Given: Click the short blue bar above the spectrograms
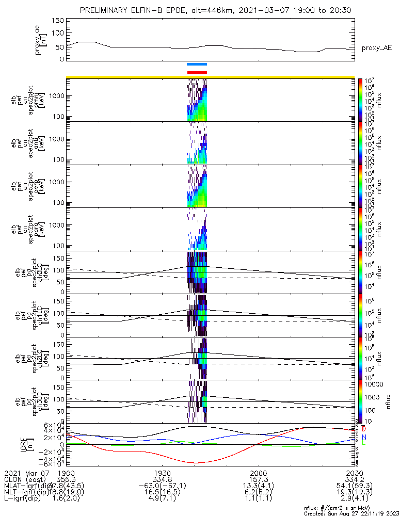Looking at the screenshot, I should click(197, 64).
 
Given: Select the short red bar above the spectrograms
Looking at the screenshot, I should click(197, 72).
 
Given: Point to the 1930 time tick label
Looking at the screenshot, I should click(163, 473).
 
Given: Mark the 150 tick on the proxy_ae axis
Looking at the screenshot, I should click(58, 20).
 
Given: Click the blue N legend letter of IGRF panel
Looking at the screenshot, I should click(364, 437).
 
